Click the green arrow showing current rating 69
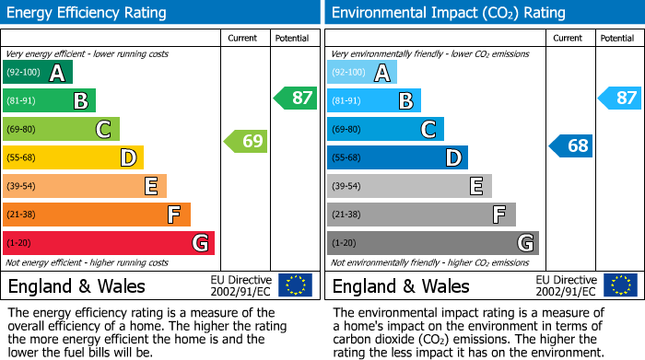coord(244,141)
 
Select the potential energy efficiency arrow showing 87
coord(294,98)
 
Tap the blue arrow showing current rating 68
coord(570,145)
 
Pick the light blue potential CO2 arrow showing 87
coord(619,98)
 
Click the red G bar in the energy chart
coord(109,243)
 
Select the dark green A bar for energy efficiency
coord(38,73)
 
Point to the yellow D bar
coord(73,157)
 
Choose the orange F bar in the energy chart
coord(97,215)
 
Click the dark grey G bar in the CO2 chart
coord(432,243)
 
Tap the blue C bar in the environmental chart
coord(385,130)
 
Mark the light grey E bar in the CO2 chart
coord(409,186)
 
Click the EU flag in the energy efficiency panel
coord(295,285)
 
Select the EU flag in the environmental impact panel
coord(619,285)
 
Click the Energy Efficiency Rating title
coord(88,13)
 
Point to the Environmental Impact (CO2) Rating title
coord(448,13)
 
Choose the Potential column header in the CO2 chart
coord(617,38)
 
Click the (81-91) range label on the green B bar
coord(23,101)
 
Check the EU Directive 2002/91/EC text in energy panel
coord(240,285)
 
